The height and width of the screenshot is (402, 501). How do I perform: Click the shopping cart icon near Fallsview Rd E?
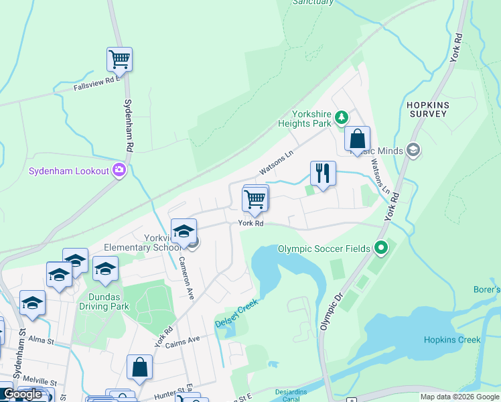[x=119, y=59]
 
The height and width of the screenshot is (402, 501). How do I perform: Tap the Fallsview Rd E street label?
[x=96, y=84]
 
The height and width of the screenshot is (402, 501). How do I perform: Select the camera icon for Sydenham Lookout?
[x=120, y=170]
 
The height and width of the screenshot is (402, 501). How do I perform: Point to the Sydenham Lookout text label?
[x=68, y=171]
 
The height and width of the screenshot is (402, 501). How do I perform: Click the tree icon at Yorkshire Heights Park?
[x=342, y=118]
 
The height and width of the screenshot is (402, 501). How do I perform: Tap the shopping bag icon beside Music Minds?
[x=358, y=139]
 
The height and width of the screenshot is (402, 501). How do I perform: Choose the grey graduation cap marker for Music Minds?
[x=413, y=150]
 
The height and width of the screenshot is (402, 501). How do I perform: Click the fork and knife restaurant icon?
[x=323, y=174]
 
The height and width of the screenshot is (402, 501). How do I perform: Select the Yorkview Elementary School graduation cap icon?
[x=183, y=231]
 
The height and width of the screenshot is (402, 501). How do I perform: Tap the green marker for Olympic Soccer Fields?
[x=381, y=249]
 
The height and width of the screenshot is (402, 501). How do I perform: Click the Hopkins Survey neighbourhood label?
[x=426, y=110]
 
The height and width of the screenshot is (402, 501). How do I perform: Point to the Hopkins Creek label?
[x=452, y=340]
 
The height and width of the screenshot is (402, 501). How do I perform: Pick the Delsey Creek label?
[x=236, y=314]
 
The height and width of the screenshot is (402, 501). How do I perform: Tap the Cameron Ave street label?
[x=185, y=277]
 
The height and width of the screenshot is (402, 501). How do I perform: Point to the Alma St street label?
[x=42, y=341]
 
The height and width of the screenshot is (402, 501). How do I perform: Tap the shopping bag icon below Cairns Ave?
[x=139, y=367]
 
